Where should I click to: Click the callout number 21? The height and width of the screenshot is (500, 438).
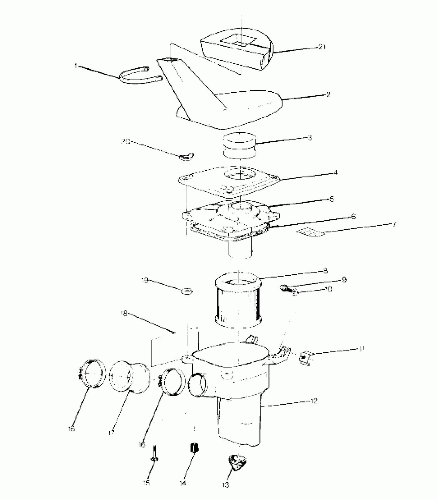coord(322,47)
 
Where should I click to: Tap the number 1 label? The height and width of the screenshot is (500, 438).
coord(76,66)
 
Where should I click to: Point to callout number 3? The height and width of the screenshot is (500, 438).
coord(310,137)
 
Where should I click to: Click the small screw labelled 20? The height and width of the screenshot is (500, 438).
coord(186,156)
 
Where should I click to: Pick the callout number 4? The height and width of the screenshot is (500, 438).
coord(335,172)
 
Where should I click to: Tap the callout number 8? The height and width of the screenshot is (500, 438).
coord(325,271)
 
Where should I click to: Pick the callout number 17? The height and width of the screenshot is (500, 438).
coord(112,432)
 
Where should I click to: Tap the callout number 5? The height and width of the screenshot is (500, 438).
coord(332,199)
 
